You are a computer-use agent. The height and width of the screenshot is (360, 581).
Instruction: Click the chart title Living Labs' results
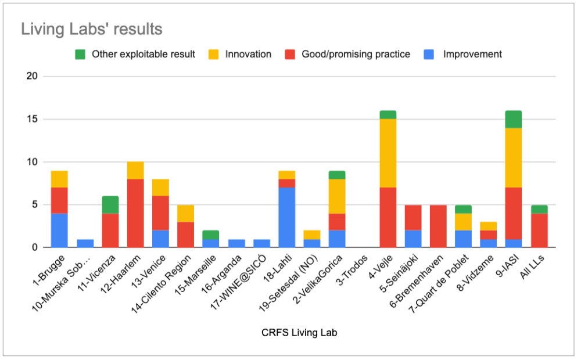pos(91,29)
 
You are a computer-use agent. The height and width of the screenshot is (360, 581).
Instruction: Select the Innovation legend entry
pos(248,54)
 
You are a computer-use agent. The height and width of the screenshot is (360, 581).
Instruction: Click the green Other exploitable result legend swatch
pos(81,54)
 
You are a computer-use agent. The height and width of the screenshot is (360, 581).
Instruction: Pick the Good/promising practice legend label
pos(356,54)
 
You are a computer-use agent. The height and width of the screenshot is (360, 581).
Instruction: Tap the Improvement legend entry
pos(472,54)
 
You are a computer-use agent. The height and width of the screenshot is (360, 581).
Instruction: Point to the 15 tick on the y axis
pos(33,119)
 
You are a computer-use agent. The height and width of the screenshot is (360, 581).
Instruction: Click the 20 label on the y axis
pos(32,77)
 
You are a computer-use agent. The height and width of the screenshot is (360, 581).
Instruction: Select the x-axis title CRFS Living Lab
pos(299,333)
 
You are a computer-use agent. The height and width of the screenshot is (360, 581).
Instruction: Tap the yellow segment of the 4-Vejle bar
pos(388,153)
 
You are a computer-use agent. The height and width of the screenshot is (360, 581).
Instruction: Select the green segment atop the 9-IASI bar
pos(514,119)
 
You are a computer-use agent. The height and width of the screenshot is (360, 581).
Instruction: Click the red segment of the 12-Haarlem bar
pos(135,213)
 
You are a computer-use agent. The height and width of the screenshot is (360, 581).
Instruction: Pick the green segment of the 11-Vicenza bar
pos(110,204)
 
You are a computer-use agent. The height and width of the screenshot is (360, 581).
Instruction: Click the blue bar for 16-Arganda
pos(236,243)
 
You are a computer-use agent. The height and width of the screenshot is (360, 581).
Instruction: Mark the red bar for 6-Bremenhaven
pos(438,226)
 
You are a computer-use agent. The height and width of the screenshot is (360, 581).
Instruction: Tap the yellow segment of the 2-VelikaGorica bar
pos(337,196)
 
